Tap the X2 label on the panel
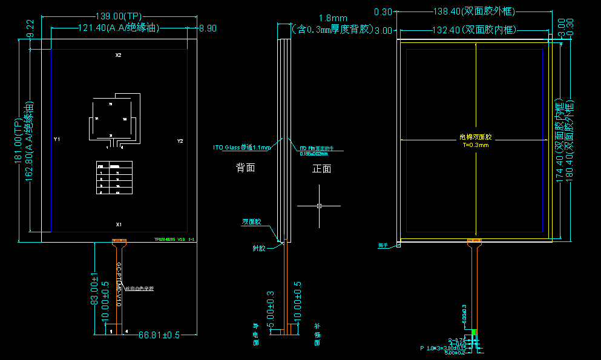click(119, 56)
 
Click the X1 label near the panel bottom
click(119, 224)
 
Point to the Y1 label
click(57, 140)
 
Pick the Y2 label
click(180, 140)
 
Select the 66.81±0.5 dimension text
click(159, 335)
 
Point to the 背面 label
click(245, 168)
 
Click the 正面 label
click(321, 169)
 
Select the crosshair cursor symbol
click(319, 206)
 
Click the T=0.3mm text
click(475, 145)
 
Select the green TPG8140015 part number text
click(174, 240)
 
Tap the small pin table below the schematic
click(114, 178)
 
